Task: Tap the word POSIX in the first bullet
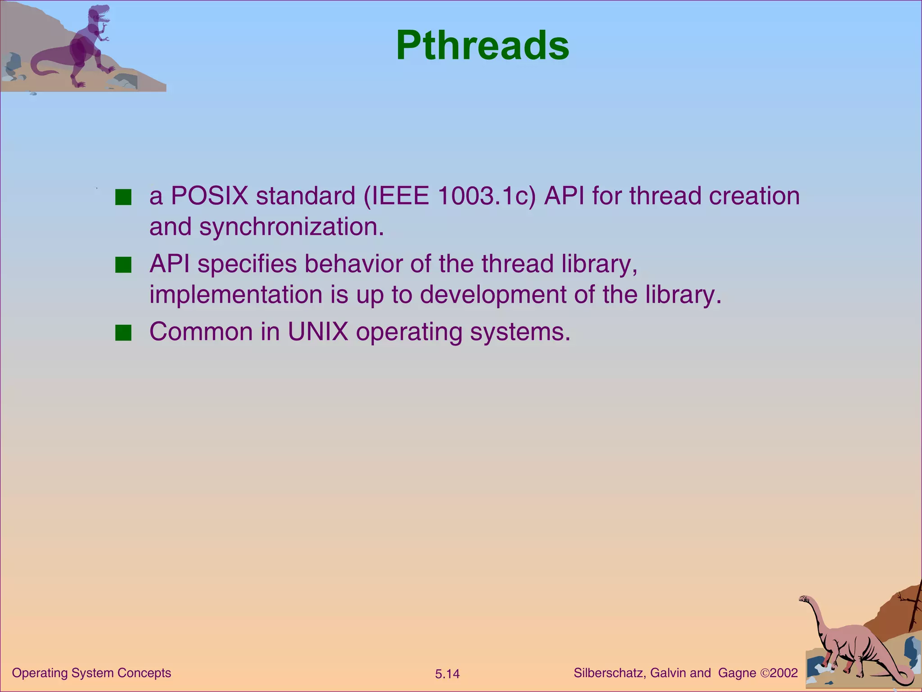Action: [x=209, y=196]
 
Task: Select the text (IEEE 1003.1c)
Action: [x=450, y=196]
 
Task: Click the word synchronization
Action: [x=291, y=227]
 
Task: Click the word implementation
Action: [x=236, y=295]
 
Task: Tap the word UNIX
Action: [x=318, y=332]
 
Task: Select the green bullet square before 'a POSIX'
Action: [x=123, y=197]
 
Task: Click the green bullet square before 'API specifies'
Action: [x=123, y=265]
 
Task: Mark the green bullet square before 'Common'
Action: [x=123, y=333]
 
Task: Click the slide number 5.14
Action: [x=447, y=674]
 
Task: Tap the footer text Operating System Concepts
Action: [x=91, y=673]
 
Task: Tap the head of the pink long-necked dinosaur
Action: [x=804, y=599]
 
